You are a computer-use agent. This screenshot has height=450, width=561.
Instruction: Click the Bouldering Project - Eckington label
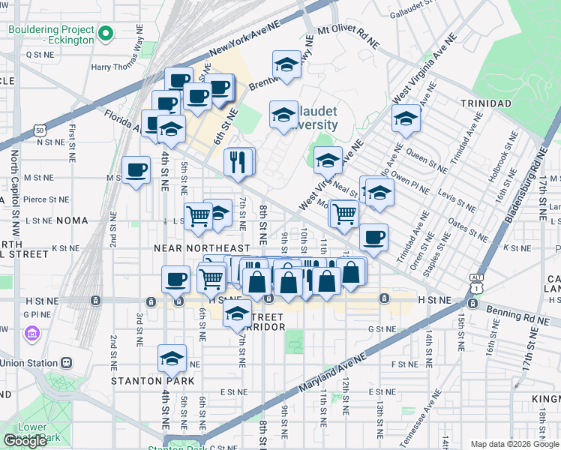pyautogui.click(x=51, y=34)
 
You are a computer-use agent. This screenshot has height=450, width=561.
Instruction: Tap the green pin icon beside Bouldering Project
pyautogui.click(x=106, y=34)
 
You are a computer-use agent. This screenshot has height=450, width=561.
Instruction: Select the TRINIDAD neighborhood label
pyautogui.click(x=486, y=103)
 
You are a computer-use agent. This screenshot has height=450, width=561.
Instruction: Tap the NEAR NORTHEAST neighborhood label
pyautogui.click(x=201, y=248)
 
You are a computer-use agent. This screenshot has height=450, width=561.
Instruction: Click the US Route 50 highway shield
pyautogui.click(x=39, y=130)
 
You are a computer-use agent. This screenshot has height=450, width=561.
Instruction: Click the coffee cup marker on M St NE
pyautogui.click(x=136, y=172)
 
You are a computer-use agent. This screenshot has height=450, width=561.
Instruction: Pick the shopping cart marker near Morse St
pyautogui.click(x=344, y=214)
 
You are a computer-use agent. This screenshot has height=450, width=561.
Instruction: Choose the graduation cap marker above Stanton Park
pyautogui.click(x=172, y=361)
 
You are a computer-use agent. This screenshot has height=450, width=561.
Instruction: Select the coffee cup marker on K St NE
pyautogui.click(x=373, y=238)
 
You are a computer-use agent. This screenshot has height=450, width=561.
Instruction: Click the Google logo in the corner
pyautogui.click(x=25, y=441)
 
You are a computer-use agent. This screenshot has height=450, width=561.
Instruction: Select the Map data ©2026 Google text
pyautogui.click(x=514, y=444)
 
